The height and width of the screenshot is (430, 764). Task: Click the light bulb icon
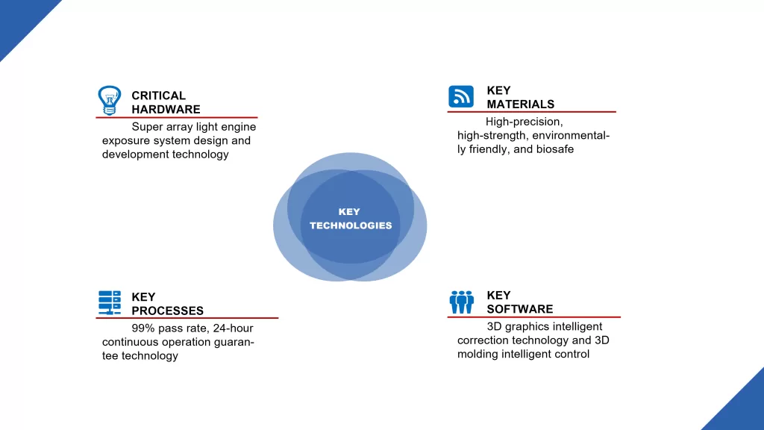109,101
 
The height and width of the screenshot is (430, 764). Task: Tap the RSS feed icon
461,96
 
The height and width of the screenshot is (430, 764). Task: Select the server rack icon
110,302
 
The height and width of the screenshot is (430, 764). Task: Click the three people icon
461,302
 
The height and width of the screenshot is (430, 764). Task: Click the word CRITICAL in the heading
158,96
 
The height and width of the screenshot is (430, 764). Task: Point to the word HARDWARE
166,109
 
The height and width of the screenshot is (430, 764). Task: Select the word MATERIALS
520,105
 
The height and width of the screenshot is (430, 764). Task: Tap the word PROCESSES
167,311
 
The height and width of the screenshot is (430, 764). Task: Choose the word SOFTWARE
520,309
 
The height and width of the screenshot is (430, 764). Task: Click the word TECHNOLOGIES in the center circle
351,225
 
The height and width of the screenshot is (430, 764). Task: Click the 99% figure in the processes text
143,328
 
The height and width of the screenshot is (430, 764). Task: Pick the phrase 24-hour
233,328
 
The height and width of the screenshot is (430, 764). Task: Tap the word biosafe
555,149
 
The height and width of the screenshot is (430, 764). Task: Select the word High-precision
525,122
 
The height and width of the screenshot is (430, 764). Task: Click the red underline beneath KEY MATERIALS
531,112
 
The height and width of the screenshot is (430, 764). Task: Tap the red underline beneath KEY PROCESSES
187,318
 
